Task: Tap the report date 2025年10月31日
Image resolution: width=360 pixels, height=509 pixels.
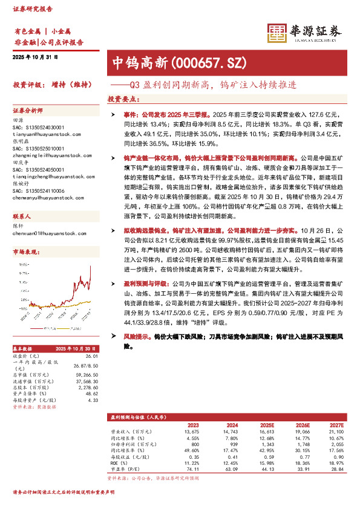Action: [x=34, y=56]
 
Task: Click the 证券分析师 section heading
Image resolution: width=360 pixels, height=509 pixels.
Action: [x=28, y=111]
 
